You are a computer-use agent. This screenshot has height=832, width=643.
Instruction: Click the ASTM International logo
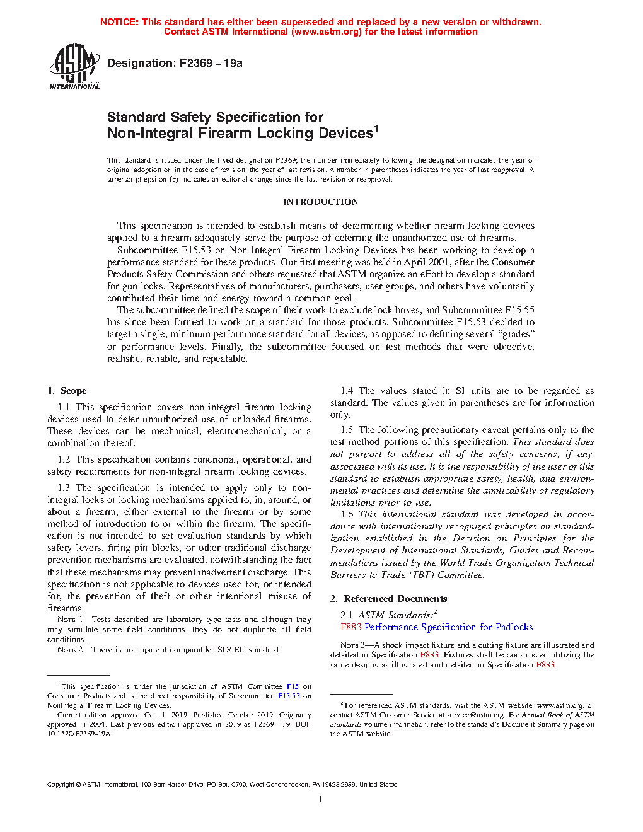(74, 66)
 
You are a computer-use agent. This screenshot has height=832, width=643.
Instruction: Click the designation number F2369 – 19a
(211, 63)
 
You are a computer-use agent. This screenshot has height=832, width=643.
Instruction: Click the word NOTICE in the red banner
(119, 22)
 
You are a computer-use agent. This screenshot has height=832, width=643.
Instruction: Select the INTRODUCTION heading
(320, 202)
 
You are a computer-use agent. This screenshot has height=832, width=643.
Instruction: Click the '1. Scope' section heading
(67, 391)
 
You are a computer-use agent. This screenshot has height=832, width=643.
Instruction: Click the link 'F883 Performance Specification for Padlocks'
(436, 627)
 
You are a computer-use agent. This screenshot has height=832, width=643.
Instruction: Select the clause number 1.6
(347, 514)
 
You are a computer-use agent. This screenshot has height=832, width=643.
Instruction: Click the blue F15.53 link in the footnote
(289, 696)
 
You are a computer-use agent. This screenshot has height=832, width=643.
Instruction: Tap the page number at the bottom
(321, 800)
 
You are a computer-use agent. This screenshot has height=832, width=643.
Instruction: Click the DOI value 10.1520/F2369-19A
(79, 734)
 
